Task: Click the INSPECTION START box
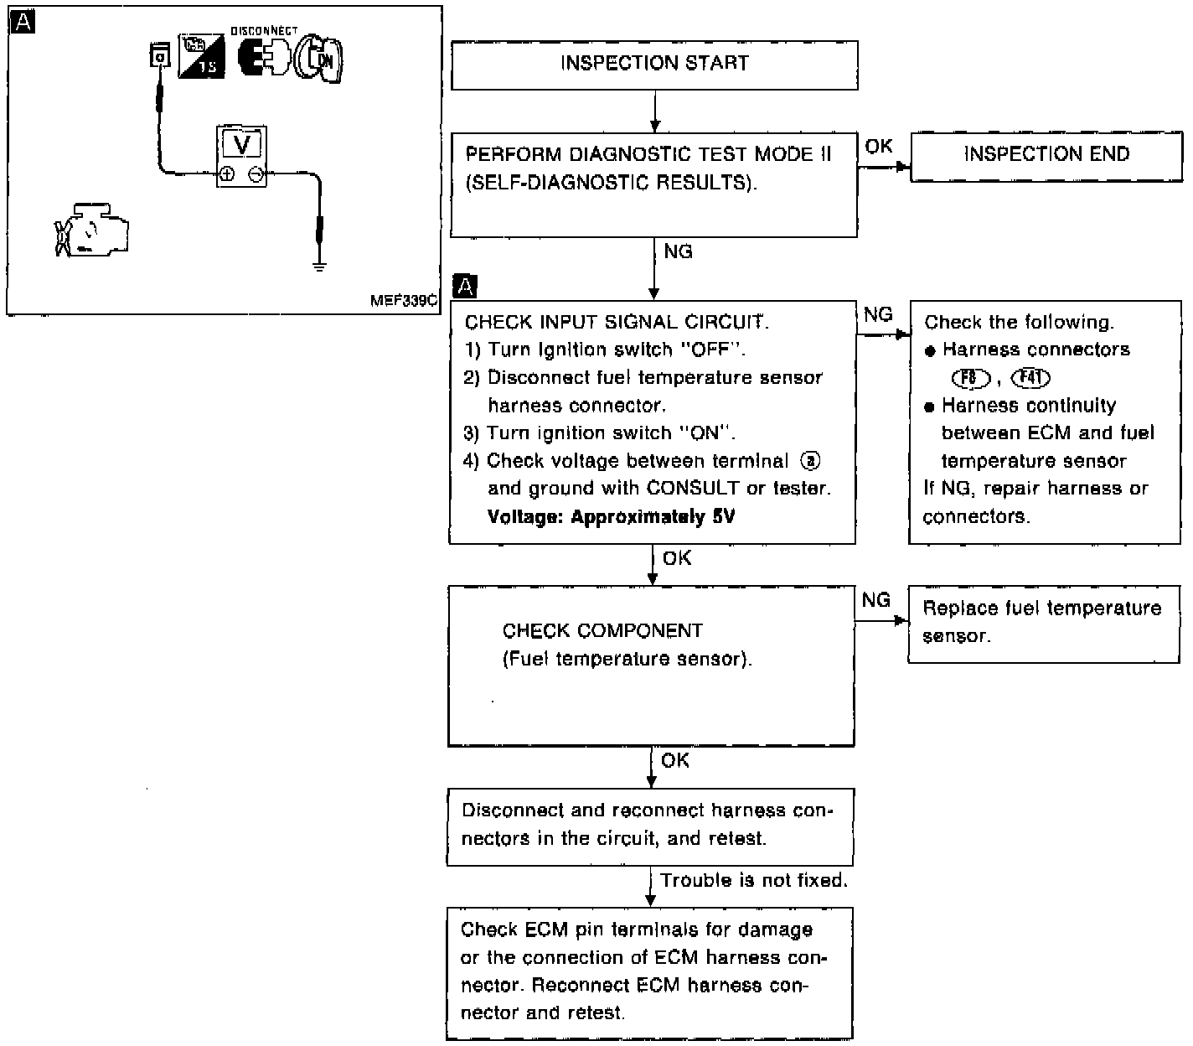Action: [654, 65]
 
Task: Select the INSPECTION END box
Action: [1046, 155]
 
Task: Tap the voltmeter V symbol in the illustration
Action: [242, 143]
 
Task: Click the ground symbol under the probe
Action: [319, 267]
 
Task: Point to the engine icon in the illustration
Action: [92, 229]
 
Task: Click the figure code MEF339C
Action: [404, 300]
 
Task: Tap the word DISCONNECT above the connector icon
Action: [264, 30]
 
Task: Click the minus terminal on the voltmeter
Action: [256, 174]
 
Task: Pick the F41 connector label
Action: [1030, 378]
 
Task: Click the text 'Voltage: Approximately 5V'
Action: [611, 516]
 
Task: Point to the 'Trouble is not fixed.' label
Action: [754, 880]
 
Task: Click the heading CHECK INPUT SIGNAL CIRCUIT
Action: [616, 322]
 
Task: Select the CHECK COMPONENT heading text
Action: [602, 630]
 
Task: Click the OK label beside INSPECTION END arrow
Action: [878, 147]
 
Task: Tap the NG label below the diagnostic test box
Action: [678, 251]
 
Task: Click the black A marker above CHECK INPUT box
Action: [464, 287]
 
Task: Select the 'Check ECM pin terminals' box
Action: [649, 972]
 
